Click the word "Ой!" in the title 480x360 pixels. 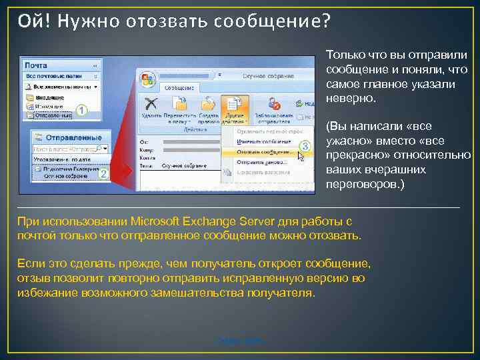click(x=33, y=22)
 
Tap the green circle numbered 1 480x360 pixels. click(x=81, y=110)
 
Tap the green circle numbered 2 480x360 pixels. click(x=103, y=172)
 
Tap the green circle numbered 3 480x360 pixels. click(x=304, y=145)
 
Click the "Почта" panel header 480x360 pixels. click(x=36, y=66)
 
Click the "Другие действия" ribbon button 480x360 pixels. click(x=233, y=110)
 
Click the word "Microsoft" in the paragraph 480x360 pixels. click(x=159, y=221)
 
